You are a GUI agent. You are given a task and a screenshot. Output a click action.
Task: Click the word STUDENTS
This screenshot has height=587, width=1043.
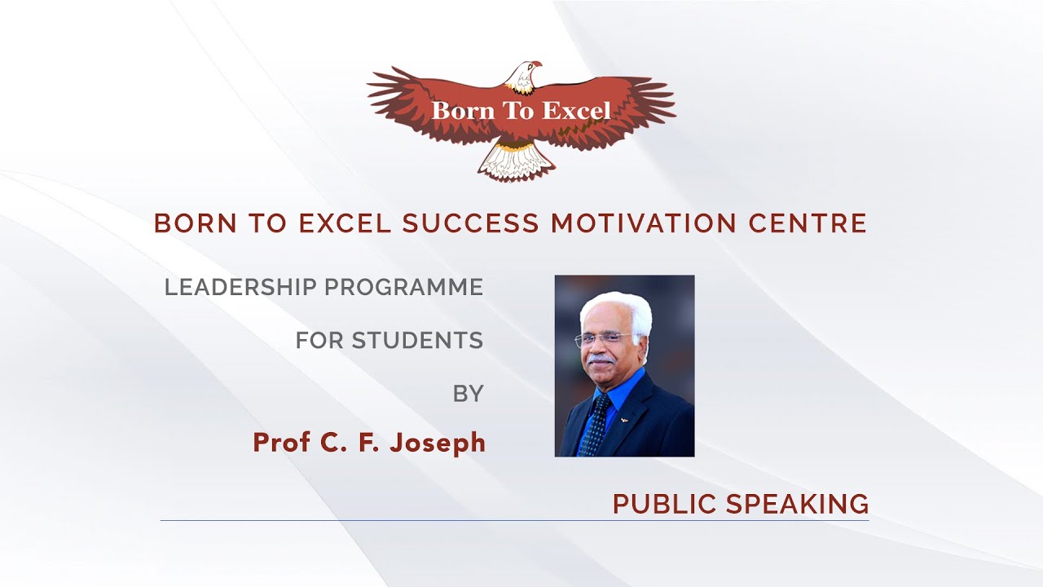[x=417, y=340]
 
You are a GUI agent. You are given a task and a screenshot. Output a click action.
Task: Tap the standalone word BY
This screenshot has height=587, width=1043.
[x=469, y=394]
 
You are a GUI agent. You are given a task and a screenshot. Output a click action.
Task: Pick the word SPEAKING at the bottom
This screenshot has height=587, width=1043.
[x=797, y=505]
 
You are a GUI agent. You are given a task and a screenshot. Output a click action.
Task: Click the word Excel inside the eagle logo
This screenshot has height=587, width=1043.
[x=577, y=110]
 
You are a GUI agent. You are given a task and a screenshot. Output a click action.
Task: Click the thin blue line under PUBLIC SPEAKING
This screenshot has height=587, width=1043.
[x=513, y=520]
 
